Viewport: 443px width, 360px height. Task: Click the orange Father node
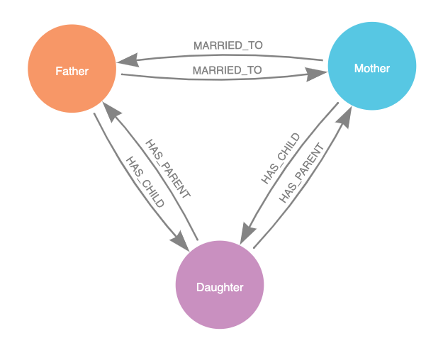tap(72, 69)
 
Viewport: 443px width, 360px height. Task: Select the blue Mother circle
tap(372, 66)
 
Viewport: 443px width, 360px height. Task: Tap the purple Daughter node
tap(220, 285)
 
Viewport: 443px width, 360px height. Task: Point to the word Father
tap(72, 71)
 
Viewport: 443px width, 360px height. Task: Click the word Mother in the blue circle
tap(372, 68)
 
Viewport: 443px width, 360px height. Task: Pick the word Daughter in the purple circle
tap(220, 288)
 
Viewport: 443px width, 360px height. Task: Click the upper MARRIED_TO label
tap(228, 45)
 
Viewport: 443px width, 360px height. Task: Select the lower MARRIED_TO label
tap(227, 70)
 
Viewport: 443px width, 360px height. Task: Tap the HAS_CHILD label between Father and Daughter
tap(145, 182)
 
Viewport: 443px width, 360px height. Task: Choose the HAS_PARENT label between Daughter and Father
tap(168, 169)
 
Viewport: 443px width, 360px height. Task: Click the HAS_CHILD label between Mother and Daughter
tap(280, 158)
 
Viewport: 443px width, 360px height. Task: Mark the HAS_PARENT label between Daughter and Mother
tap(302, 173)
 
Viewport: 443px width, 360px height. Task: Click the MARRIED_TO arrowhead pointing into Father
tap(128, 60)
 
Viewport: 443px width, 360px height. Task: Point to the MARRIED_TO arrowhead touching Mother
tap(316, 74)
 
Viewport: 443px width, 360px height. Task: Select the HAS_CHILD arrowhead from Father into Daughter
tap(180, 242)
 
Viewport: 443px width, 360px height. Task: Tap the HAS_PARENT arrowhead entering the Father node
tap(111, 111)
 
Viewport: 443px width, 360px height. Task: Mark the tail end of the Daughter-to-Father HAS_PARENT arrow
tap(197, 240)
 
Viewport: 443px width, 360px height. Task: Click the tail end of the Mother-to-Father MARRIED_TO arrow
tap(323, 60)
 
